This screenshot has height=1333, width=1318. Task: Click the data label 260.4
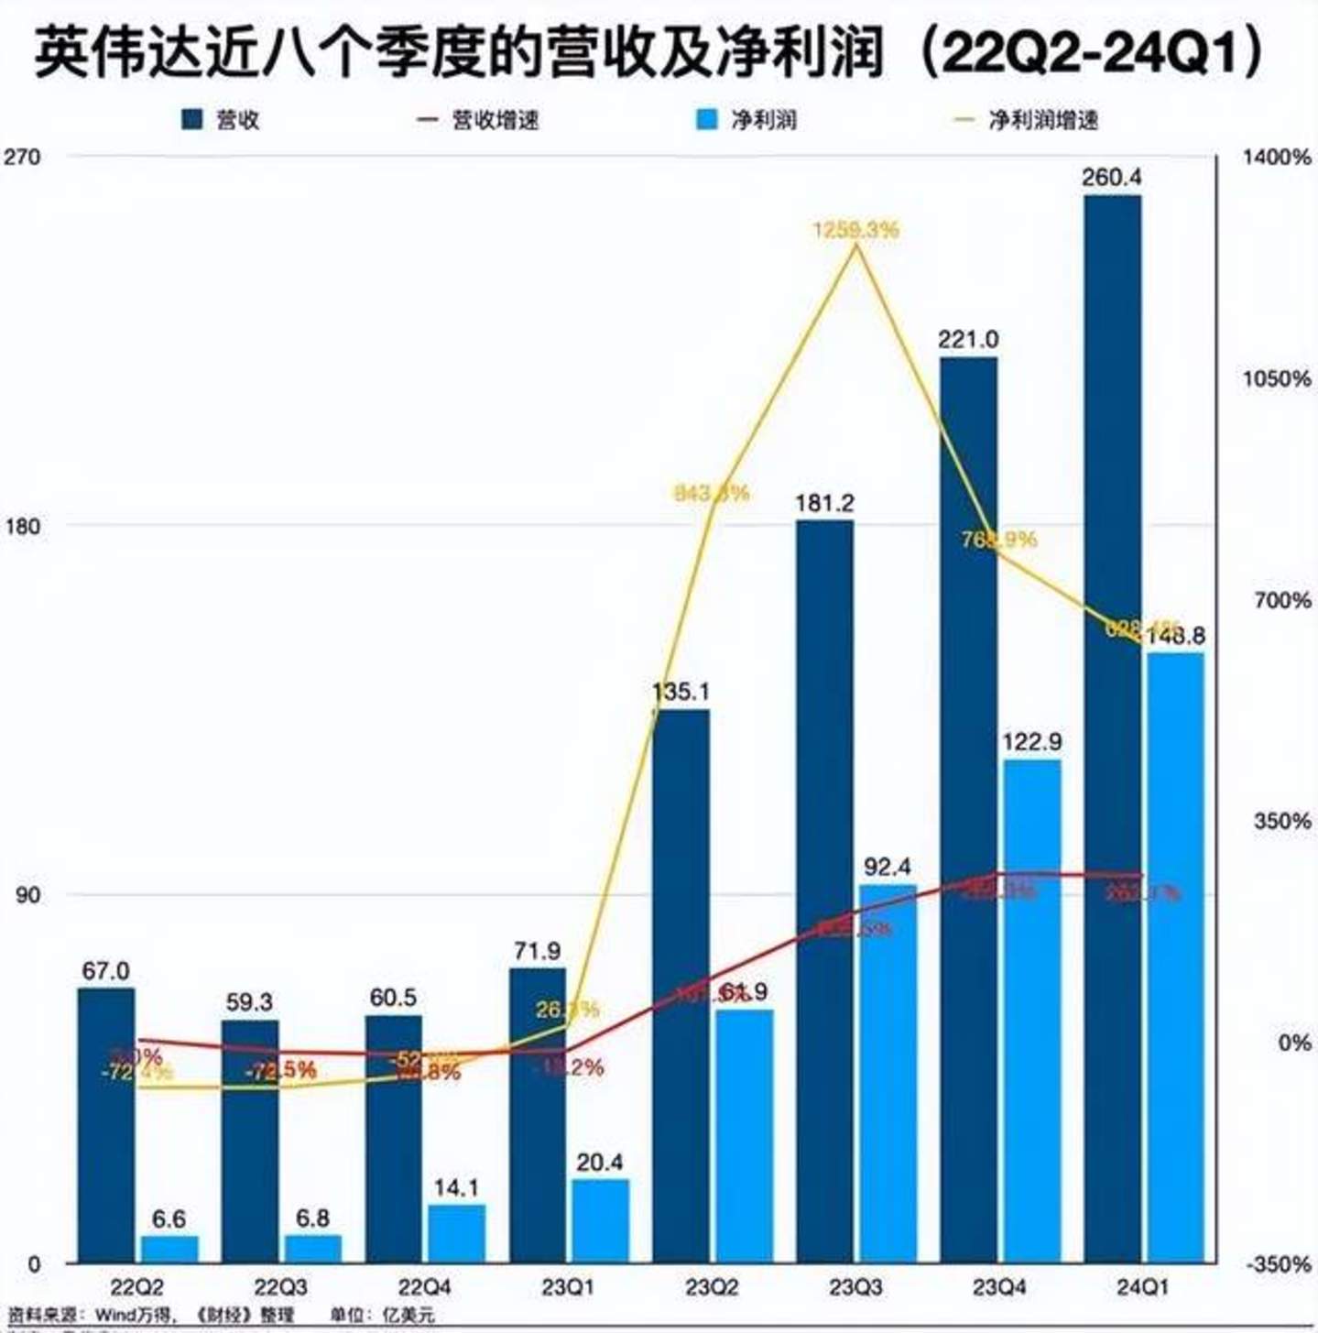click(x=1112, y=177)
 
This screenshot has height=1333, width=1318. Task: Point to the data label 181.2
click(x=824, y=503)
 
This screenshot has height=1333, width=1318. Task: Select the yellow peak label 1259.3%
click(x=856, y=229)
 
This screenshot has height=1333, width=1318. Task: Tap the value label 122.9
click(x=1032, y=741)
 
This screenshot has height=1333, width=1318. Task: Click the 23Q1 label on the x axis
click(x=568, y=1287)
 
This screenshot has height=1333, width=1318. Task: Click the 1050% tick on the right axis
click(x=1277, y=378)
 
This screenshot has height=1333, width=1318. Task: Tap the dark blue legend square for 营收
click(x=191, y=120)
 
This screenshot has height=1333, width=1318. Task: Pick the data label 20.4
click(x=600, y=1162)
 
